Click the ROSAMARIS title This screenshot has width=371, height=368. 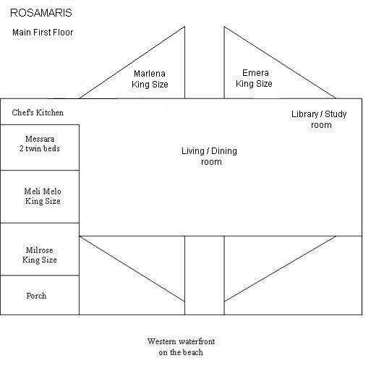pos(41,13)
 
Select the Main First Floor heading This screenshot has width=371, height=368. pos(43,33)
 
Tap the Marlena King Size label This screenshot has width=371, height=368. pos(150,79)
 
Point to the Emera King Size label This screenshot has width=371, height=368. pos(254,78)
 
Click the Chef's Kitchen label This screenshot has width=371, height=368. pos(38,113)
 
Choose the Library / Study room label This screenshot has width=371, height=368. pos(319,119)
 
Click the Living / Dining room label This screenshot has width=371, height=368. pos(209,156)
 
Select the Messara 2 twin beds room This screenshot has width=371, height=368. pos(40,147)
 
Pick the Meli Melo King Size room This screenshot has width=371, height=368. pos(40,197)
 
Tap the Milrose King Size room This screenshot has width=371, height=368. pos(40,249)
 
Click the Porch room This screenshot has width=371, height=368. pos(40,295)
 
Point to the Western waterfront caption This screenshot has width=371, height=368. pos(181,347)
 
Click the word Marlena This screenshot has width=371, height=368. pos(150,74)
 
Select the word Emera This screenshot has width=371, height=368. pos(255,73)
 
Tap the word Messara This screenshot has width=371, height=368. pos(40,139)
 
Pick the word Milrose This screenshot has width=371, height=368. pos(40,250)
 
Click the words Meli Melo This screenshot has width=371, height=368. pos(43,192)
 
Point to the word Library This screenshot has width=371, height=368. pos(304,114)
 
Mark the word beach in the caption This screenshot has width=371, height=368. pos(192,352)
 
